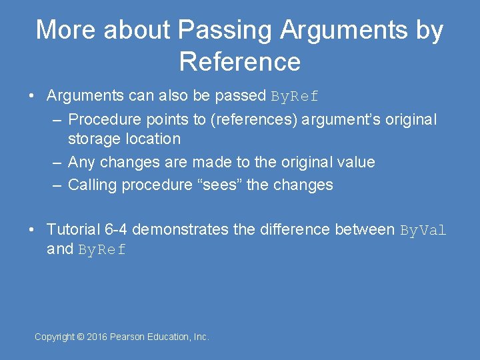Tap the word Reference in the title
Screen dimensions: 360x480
point(240,61)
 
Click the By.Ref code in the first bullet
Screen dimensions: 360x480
point(295,96)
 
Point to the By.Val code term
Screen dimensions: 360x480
point(423,230)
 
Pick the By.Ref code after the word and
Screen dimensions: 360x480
point(102,250)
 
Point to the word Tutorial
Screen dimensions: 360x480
point(74,229)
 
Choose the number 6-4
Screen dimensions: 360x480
point(117,229)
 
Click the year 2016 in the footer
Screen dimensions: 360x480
point(97,337)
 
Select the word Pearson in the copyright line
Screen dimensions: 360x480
point(129,337)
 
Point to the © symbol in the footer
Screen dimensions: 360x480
point(80,337)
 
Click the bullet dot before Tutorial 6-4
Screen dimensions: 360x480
point(32,230)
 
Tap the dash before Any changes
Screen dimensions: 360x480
point(58,162)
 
